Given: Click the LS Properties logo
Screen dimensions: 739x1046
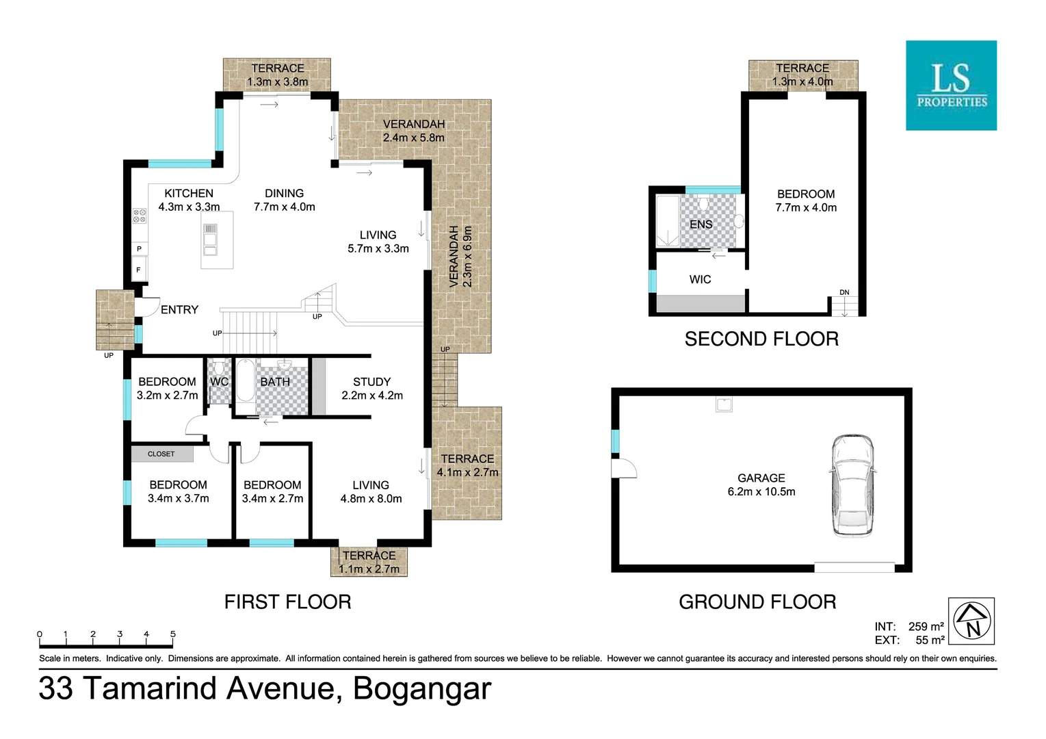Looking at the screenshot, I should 951,86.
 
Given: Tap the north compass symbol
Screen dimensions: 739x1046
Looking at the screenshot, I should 971,621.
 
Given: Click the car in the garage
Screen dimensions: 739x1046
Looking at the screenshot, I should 852,485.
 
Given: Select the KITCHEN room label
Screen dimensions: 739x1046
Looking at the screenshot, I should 189,194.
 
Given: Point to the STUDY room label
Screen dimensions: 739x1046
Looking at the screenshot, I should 371,382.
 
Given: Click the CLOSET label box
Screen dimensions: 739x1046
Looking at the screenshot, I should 161,454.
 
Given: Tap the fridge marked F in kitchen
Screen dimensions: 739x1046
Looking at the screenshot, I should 139,270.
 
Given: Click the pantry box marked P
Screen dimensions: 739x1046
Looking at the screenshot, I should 139,249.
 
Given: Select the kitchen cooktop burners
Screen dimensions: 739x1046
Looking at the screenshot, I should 140,216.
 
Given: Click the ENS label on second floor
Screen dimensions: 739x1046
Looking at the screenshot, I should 701,224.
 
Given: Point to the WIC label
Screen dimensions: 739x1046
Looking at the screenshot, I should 700,279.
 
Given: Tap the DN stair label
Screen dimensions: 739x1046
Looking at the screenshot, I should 844,293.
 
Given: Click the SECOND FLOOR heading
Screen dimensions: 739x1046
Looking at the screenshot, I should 761,339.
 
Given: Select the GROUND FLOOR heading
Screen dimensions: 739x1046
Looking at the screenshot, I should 757,602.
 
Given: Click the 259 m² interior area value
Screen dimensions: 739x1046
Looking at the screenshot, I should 926,627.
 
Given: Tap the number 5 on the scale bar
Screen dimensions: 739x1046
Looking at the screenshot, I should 172,634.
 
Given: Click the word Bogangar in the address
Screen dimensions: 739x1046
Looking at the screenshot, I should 421,688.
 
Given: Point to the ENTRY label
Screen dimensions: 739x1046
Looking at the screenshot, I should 179,310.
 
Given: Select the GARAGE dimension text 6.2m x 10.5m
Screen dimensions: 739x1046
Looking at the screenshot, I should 761,492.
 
